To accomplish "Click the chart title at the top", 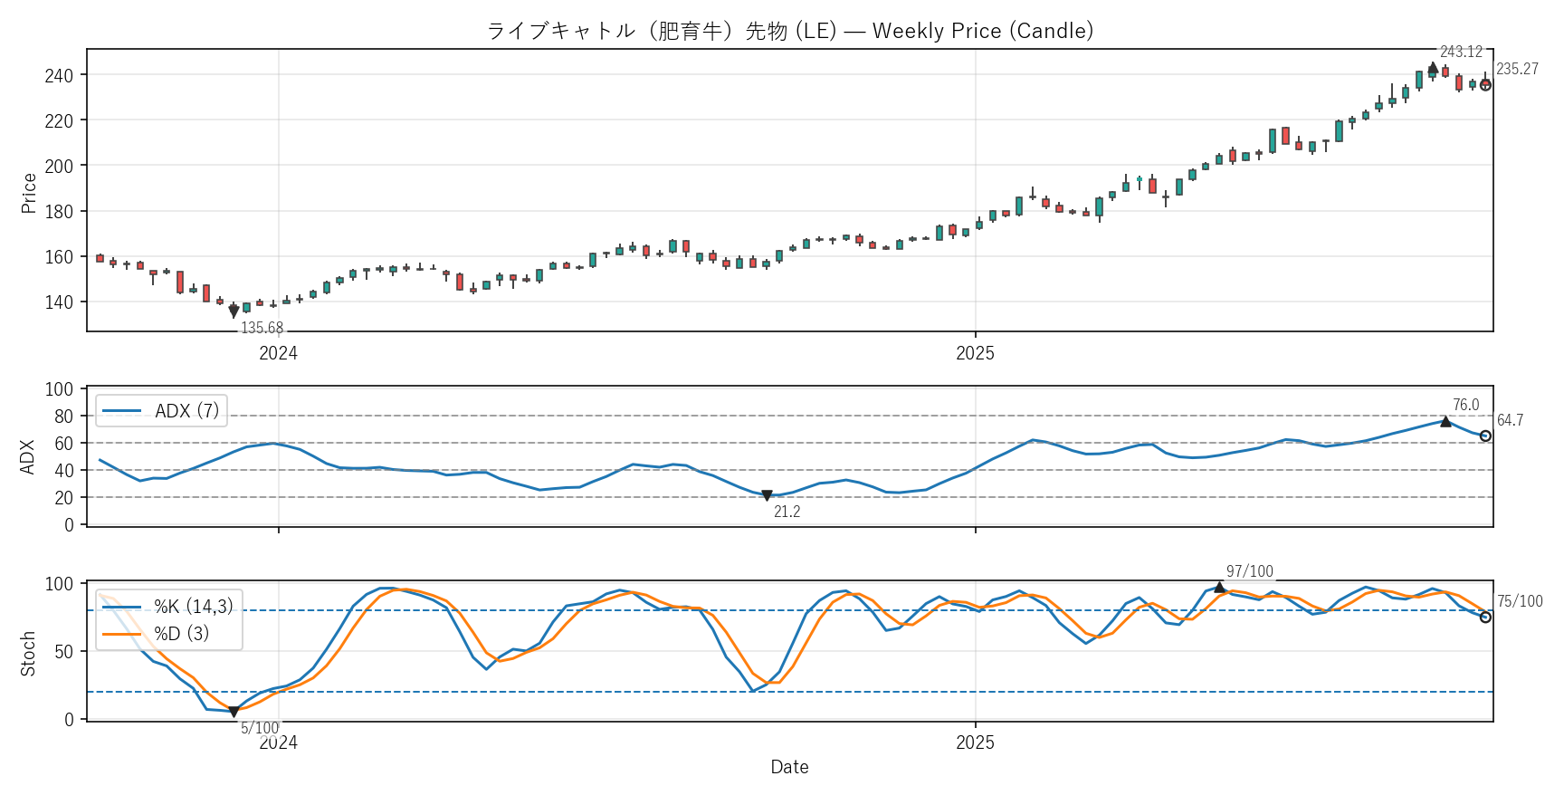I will pos(789,31).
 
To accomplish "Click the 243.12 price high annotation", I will pos(1461,53).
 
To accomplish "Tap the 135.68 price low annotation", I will pos(262,329).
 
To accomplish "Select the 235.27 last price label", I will pos(1517,69).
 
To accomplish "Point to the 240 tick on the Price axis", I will pos(59,75).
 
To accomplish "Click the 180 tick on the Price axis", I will pos(59,212).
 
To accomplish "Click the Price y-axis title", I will pos(29,193).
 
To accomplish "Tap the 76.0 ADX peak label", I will pos(1465,406).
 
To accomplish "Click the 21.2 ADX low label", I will pos(787,512).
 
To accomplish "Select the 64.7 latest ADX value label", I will pos(1510,421).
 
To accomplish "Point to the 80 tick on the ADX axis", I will pos(63,417).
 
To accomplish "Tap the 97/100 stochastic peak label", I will pos(1249,572).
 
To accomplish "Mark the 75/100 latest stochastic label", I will pos(1520,602).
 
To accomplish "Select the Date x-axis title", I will pos(789,768).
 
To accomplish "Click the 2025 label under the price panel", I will pos(975,354).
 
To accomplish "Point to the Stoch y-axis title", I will pos(29,654).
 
